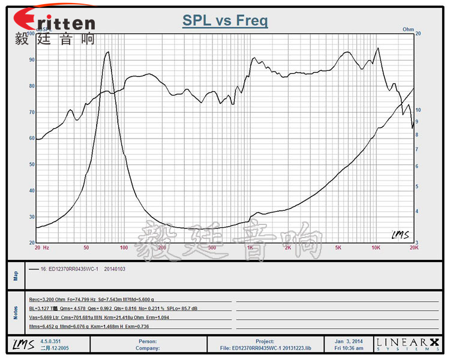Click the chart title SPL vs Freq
pos(225,22)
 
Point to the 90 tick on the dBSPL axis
pos(31,60)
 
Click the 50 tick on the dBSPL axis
pos(31,164)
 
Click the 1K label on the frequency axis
pos(250,247)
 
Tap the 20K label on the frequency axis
pos(413,247)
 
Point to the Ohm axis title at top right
pos(408,29)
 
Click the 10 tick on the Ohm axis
pos(418,110)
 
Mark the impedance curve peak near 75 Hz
pos(107,53)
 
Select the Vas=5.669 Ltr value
pos(46,317)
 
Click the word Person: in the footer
pos(147,340)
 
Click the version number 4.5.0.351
pos(53,340)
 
